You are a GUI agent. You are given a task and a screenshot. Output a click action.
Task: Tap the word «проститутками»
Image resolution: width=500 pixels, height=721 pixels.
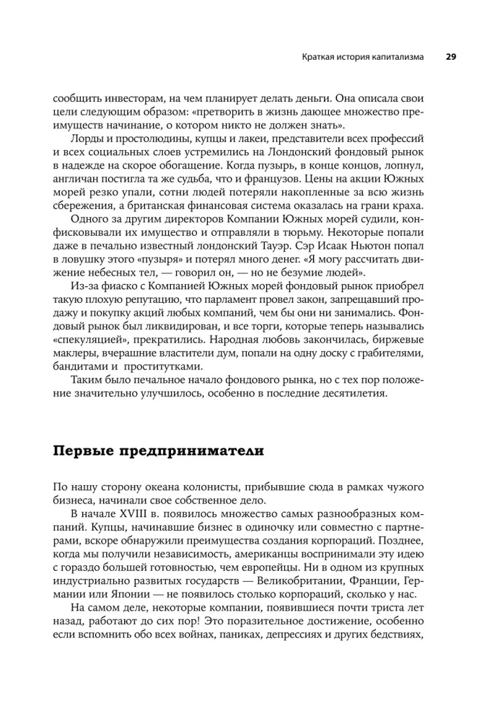152,363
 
